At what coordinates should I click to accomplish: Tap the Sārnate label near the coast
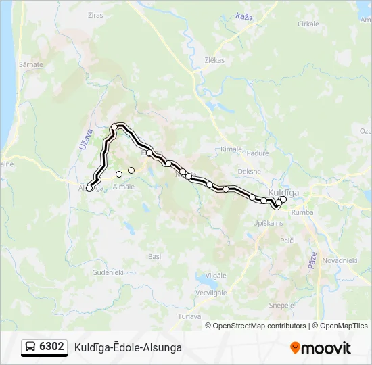point(32,65)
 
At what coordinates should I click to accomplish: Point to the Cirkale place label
point(308,24)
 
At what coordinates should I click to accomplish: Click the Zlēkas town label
point(214,60)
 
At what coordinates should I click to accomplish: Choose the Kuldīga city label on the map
point(283,192)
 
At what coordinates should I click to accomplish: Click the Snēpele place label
point(281,305)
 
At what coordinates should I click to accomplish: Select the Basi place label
point(154,257)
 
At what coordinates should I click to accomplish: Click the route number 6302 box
point(52,347)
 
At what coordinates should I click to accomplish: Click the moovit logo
point(321,348)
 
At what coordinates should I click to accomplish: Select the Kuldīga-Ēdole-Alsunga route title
point(128,347)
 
